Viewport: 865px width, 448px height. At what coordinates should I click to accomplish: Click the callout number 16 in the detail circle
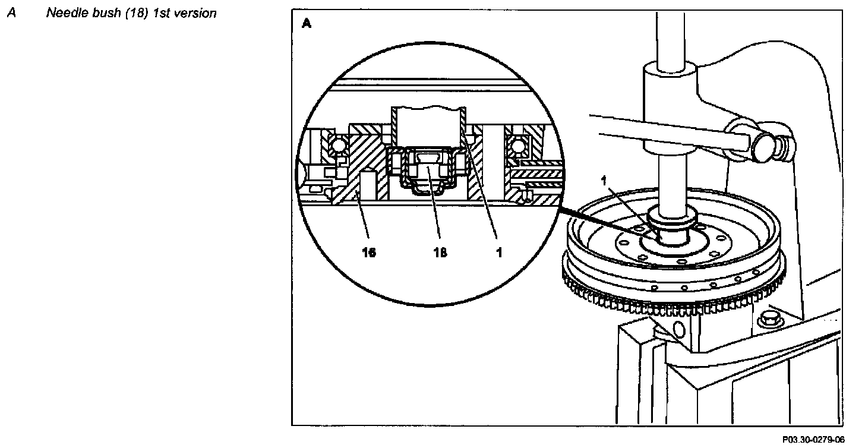pos(368,253)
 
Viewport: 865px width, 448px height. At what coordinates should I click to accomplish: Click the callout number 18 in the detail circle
pos(440,253)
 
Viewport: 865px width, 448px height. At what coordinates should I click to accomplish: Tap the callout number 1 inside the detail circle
pos(499,253)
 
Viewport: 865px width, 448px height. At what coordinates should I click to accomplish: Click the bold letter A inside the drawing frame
pos(307,24)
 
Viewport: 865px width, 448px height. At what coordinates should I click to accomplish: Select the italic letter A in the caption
pos(11,12)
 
